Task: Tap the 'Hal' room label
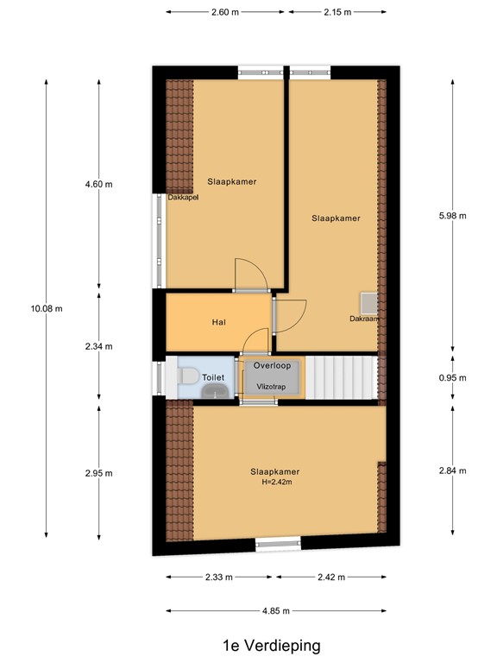(219, 323)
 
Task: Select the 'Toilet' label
(213, 377)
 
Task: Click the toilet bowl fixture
(187, 376)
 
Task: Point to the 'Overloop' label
(273, 365)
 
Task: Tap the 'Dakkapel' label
(183, 197)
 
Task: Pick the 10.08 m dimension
(47, 308)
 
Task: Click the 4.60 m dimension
(98, 184)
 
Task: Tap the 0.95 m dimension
(452, 378)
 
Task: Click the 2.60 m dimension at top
(225, 11)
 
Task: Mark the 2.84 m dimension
(452, 470)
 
